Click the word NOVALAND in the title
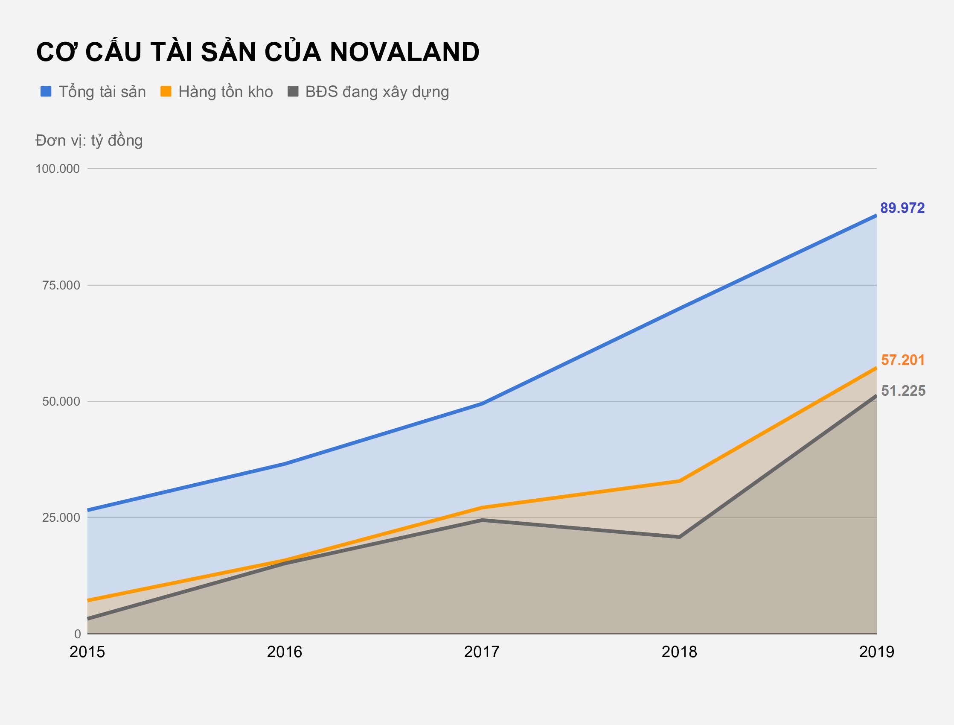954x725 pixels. (x=404, y=52)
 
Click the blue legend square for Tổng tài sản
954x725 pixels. (x=46, y=91)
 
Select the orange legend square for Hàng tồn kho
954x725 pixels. (x=166, y=91)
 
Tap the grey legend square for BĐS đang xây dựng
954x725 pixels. (x=293, y=91)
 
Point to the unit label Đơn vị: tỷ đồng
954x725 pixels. (x=89, y=140)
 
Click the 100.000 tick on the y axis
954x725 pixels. (x=58, y=169)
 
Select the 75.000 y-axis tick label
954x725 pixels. (x=61, y=285)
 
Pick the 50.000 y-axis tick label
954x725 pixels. (x=61, y=402)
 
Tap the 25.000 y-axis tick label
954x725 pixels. (x=61, y=517)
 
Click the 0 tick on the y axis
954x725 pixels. (x=78, y=634)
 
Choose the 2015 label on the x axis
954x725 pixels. (x=87, y=652)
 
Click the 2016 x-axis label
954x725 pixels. (x=285, y=652)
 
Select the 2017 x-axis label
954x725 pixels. (x=482, y=652)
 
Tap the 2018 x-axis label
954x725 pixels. (x=679, y=652)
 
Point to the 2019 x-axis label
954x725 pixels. (x=876, y=652)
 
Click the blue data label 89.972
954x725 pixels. (x=902, y=208)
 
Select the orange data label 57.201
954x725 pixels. (x=903, y=360)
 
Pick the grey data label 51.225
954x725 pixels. (x=903, y=391)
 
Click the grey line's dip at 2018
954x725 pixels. (x=679, y=537)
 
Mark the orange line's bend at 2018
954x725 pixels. (x=679, y=481)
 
